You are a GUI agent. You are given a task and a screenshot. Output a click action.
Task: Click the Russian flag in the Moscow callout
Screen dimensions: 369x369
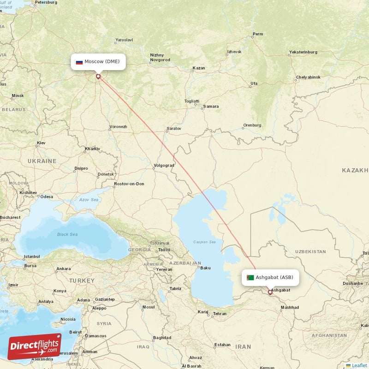pos(79,62)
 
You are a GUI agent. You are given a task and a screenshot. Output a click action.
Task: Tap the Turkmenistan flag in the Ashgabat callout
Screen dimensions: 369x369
pos(250,278)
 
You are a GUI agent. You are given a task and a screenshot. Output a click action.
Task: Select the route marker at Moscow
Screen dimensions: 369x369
pos(98,76)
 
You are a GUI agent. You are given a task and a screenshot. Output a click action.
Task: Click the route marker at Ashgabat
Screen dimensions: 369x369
pos(270,292)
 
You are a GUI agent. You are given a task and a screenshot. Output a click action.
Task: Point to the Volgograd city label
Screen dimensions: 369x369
pos(164,165)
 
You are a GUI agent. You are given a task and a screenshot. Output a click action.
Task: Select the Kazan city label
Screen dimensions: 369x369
pos(199,68)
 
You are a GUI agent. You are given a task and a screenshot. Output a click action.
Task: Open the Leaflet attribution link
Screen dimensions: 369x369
pos(359,365)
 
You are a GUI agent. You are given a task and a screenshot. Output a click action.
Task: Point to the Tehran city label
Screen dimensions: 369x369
pos(220,314)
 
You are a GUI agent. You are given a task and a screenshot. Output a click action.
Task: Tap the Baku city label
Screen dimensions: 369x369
pos(205,268)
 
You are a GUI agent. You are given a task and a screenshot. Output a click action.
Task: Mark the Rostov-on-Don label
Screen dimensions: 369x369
pos(129,184)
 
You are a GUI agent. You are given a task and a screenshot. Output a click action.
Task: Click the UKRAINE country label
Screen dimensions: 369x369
pos(42,161)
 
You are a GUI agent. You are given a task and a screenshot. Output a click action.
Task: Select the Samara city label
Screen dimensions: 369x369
pos(211,106)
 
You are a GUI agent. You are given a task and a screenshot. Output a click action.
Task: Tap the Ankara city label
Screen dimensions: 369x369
pos(63,269)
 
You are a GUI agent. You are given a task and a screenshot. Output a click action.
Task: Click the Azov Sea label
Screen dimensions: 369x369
pos(89,200)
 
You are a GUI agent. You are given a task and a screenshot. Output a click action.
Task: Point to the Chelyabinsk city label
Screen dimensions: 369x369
pos(308,77)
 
